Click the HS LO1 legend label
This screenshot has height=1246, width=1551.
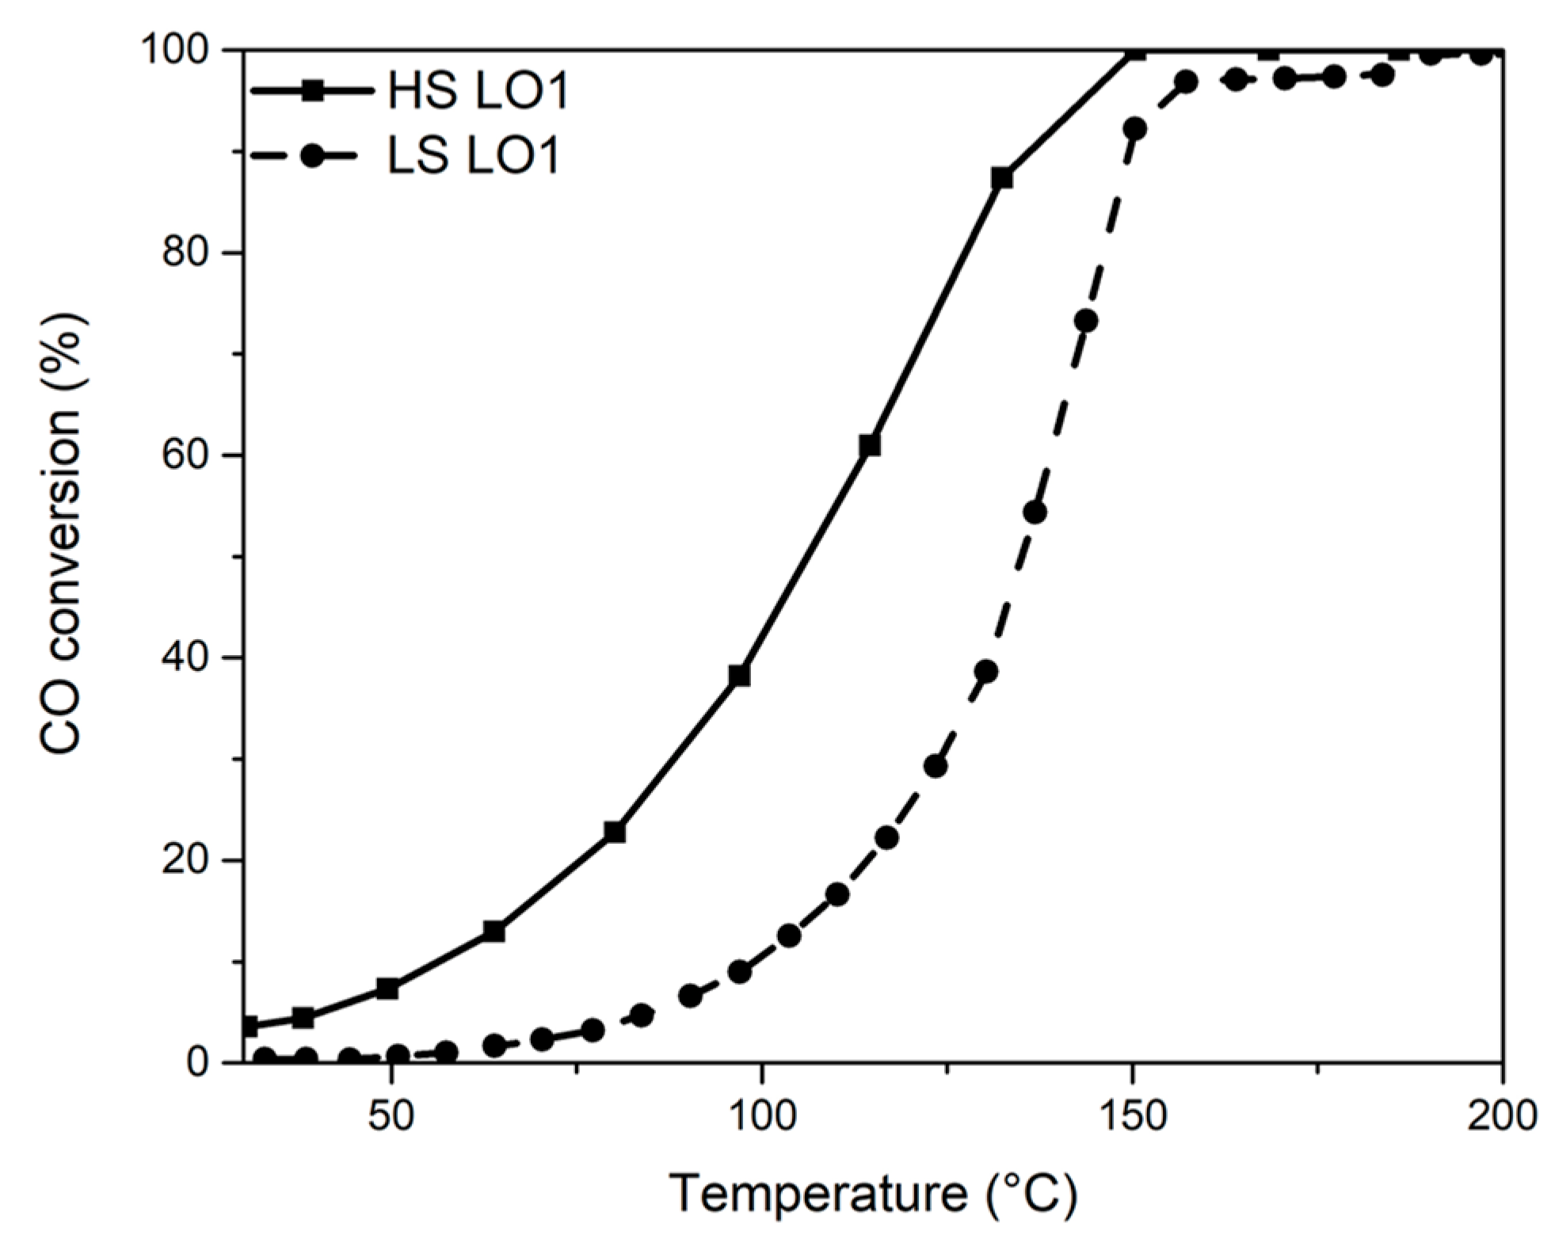pyautogui.click(x=478, y=92)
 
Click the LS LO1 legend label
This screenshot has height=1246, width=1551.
pyautogui.click(x=474, y=155)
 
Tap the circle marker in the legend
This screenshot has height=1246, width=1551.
pyautogui.click(x=312, y=156)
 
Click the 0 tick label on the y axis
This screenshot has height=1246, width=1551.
pyautogui.click(x=196, y=1062)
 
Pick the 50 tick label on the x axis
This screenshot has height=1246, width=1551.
pyautogui.click(x=391, y=1116)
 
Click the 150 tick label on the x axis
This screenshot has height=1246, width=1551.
pyautogui.click(x=1133, y=1116)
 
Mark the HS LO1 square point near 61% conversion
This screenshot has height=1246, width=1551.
pyautogui.click(x=870, y=445)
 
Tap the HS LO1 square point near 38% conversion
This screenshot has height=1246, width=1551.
pyautogui.click(x=739, y=675)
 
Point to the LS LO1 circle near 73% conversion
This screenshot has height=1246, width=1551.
pyautogui.click(x=1087, y=321)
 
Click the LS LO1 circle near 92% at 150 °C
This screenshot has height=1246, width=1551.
pyautogui.click(x=1134, y=128)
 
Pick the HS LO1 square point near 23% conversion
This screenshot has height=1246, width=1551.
pyautogui.click(x=615, y=832)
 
